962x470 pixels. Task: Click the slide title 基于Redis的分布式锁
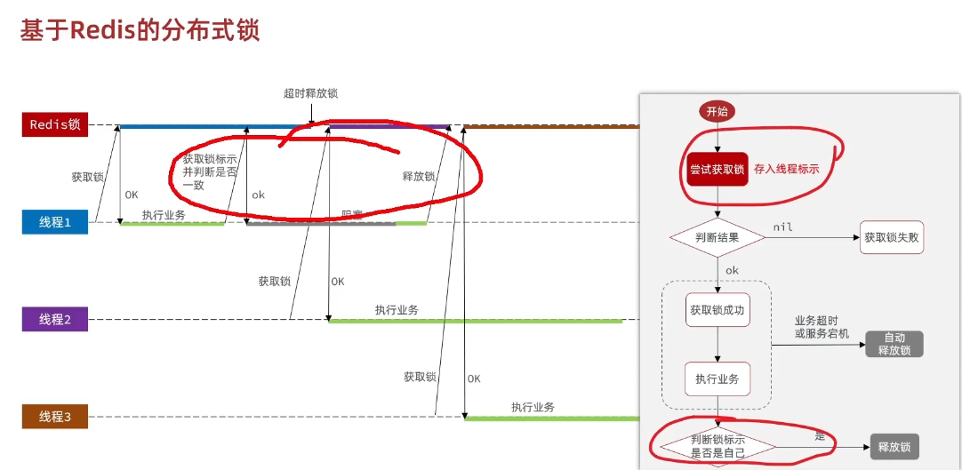[140, 31]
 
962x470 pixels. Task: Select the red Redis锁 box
[55, 125]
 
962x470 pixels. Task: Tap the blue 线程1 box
[55, 222]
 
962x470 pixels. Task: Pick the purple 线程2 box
[55, 319]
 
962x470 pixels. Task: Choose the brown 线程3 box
[55, 416]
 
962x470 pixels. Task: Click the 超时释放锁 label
[310, 93]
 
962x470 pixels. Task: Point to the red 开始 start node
[717, 112]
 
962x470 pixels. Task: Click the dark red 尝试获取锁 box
[717, 169]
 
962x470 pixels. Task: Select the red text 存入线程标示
[786, 169]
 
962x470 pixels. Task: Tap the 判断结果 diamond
[717, 237]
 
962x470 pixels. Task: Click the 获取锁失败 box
[892, 237]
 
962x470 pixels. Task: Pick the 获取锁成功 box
[717, 310]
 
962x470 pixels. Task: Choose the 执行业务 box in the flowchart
[717, 379]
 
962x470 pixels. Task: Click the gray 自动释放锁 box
[894, 344]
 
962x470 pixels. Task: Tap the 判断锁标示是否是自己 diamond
[717, 446]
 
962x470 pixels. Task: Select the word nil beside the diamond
[782, 227]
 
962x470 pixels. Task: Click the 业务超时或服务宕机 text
[822, 327]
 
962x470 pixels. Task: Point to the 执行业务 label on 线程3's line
[533, 407]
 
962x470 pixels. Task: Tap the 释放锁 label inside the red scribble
[419, 176]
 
